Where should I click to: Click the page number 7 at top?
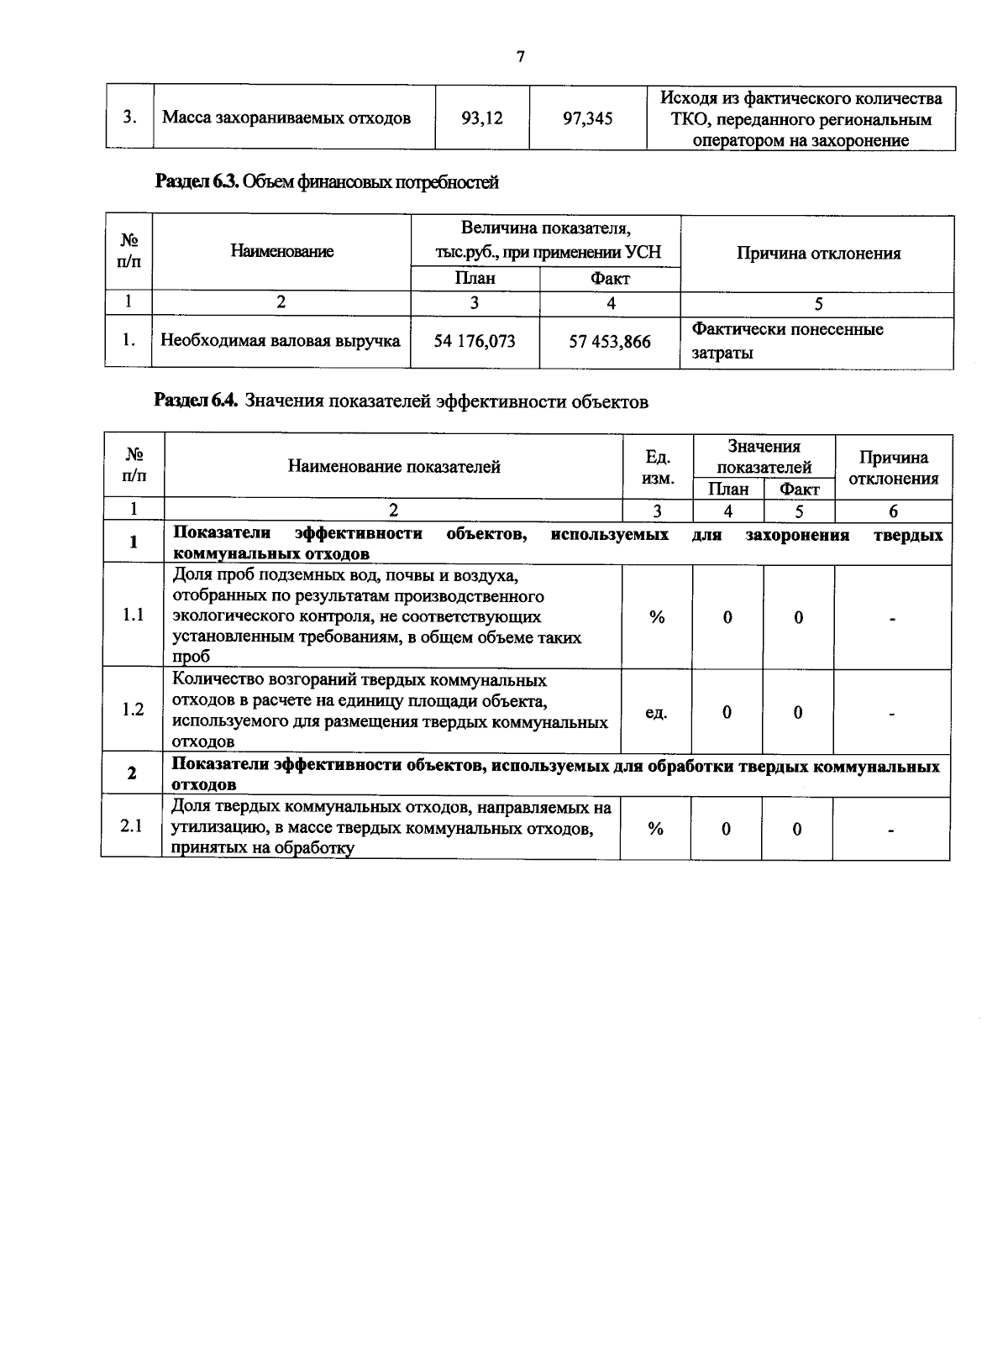tap(520, 57)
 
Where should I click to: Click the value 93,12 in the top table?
tap(482, 118)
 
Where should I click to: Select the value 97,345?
tap(587, 118)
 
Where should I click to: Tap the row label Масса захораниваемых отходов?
tap(286, 118)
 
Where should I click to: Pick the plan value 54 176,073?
tap(475, 341)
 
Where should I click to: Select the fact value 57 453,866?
tap(610, 342)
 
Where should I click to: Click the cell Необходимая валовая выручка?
tap(281, 341)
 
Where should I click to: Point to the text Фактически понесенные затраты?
tap(787, 341)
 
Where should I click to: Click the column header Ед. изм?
tap(657, 467)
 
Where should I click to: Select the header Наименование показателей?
tap(394, 467)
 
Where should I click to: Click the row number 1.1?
tap(133, 616)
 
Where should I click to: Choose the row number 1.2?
tap(133, 710)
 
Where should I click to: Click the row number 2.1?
tap(131, 826)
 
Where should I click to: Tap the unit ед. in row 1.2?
tap(656, 713)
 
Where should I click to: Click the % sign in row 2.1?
tap(655, 829)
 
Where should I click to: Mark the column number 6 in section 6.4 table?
tap(893, 511)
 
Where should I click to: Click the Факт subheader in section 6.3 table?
tap(610, 279)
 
